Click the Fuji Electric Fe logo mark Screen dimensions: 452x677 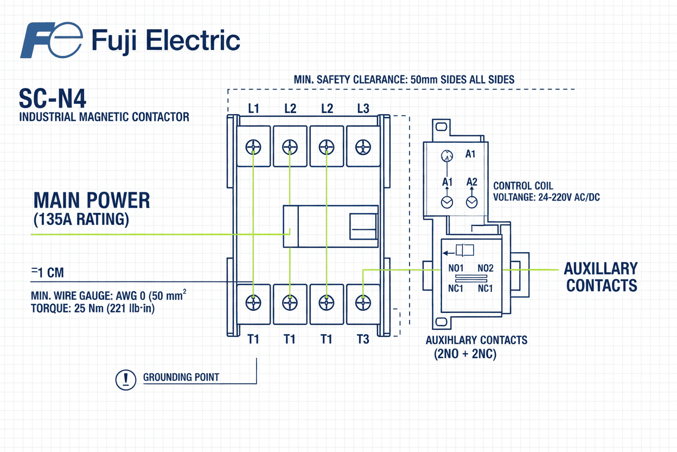(x=51, y=41)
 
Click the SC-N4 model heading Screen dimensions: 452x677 (x=53, y=99)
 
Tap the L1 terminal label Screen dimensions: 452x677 (x=253, y=109)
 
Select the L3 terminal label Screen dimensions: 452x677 (x=363, y=109)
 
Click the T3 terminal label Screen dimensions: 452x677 (x=363, y=340)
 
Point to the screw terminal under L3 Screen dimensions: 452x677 (x=362, y=147)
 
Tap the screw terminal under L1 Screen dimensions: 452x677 (x=253, y=147)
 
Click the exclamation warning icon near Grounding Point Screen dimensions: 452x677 (x=126, y=379)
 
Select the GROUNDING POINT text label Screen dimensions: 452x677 (x=181, y=377)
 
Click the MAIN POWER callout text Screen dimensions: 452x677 (x=92, y=201)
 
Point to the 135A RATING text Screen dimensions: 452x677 (x=81, y=219)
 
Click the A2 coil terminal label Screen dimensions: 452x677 (x=471, y=182)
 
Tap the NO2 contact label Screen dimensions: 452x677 (x=485, y=268)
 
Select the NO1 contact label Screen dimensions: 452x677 (x=455, y=268)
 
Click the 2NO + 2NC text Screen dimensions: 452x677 (x=465, y=354)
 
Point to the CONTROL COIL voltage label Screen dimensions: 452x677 (x=546, y=192)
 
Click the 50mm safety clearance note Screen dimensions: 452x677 (x=404, y=79)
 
